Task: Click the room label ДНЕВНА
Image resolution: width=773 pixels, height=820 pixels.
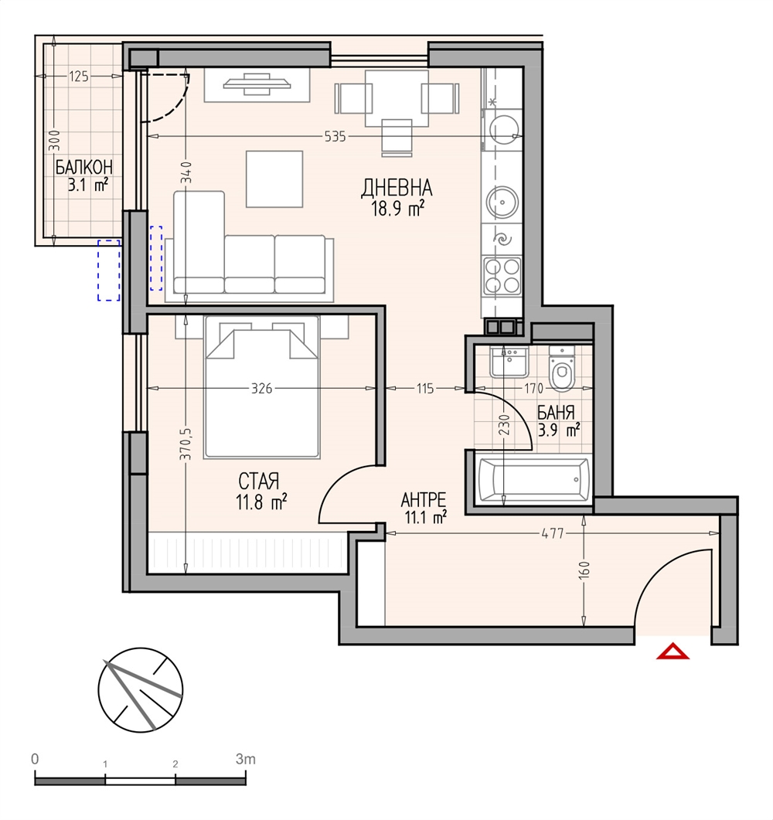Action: pyautogui.click(x=397, y=189)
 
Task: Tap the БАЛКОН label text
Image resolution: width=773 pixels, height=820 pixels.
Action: pyautogui.click(x=83, y=168)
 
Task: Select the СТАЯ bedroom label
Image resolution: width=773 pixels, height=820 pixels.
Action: pyautogui.click(x=259, y=481)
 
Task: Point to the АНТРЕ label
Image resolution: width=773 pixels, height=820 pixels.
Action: pyautogui.click(x=423, y=500)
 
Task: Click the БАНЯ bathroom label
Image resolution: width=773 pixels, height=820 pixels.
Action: pyautogui.click(x=556, y=413)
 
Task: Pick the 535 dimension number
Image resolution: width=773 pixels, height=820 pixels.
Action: pyautogui.click(x=335, y=137)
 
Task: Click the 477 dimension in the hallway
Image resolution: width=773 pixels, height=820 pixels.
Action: pyautogui.click(x=553, y=533)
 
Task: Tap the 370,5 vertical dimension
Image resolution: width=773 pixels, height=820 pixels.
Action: pyautogui.click(x=187, y=444)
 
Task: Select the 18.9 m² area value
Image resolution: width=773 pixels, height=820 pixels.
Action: pyautogui.click(x=397, y=209)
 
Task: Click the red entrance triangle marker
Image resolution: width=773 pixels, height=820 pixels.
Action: pyautogui.click(x=673, y=652)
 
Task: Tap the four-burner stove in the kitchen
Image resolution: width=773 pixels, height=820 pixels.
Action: pyautogui.click(x=502, y=276)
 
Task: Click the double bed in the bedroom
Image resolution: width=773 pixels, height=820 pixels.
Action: pyautogui.click(x=261, y=387)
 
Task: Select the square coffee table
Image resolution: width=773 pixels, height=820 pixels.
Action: pyautogui.click(x=274, y=179)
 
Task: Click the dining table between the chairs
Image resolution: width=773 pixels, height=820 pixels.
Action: pyautogui.click(x=397, y=98)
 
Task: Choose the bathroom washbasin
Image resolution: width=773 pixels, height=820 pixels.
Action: pyautogui.click(x=509, y=362)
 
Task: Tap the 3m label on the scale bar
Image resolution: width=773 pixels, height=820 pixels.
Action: pyautogui.click(x=245, y=759)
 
